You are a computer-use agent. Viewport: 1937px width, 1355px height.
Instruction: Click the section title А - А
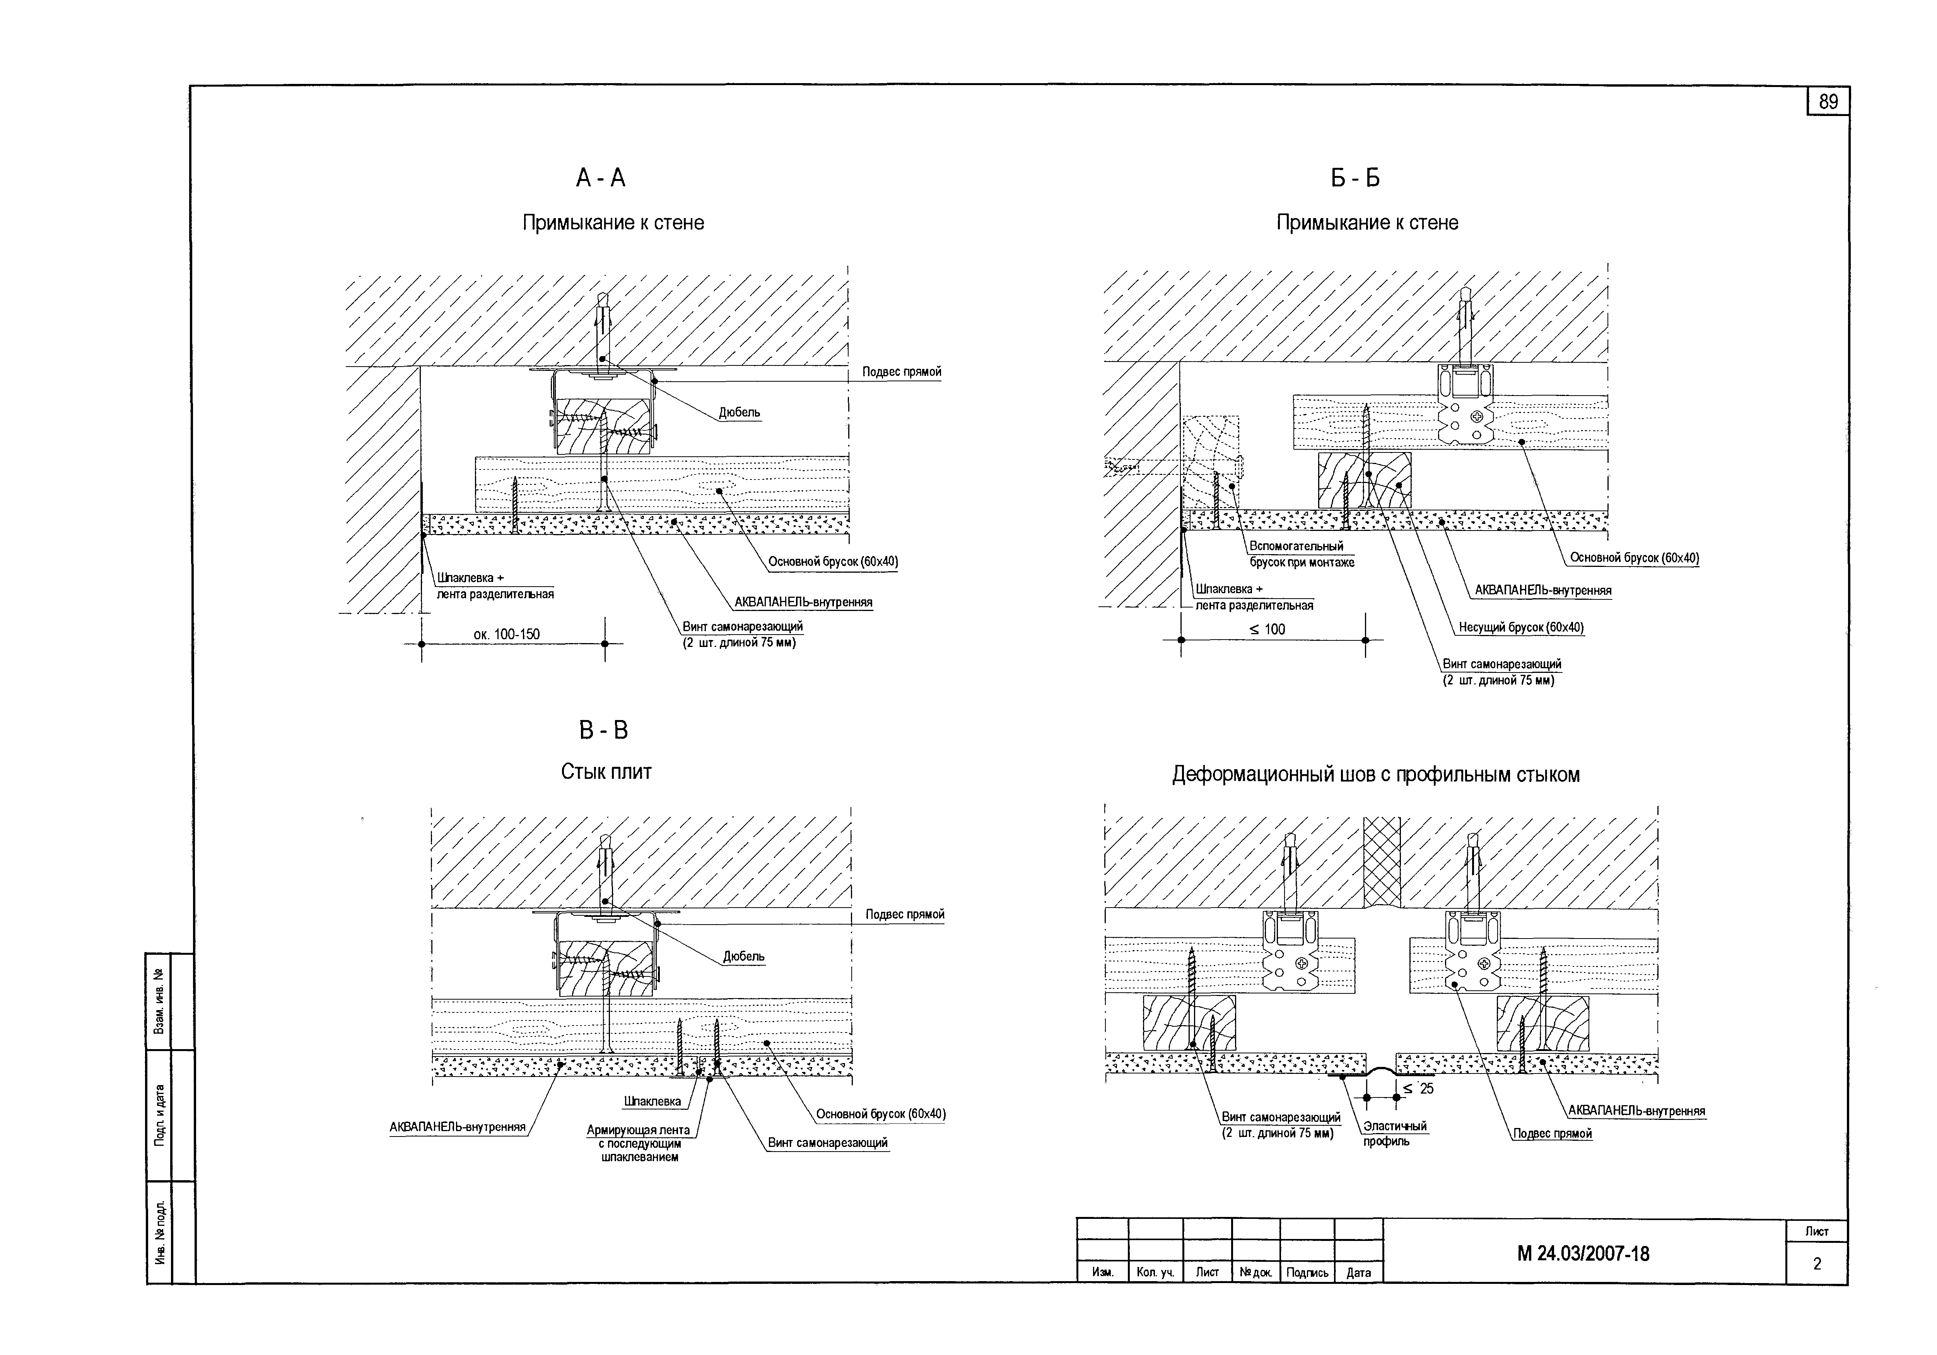(601, 178)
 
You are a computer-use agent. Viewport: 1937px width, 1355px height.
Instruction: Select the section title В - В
(604, 730)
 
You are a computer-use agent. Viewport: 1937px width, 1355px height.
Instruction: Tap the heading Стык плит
(606, 772)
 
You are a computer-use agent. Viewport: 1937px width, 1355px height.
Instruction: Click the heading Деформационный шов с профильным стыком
(1376, 775)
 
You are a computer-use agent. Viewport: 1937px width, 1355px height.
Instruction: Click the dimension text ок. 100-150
(507, 634)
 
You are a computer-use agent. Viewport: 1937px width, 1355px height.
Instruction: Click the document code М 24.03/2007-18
(1583, 1254)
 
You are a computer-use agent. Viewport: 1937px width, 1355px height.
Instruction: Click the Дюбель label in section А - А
(740, 413)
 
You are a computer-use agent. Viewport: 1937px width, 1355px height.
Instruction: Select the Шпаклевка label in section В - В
(652, 1101)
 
